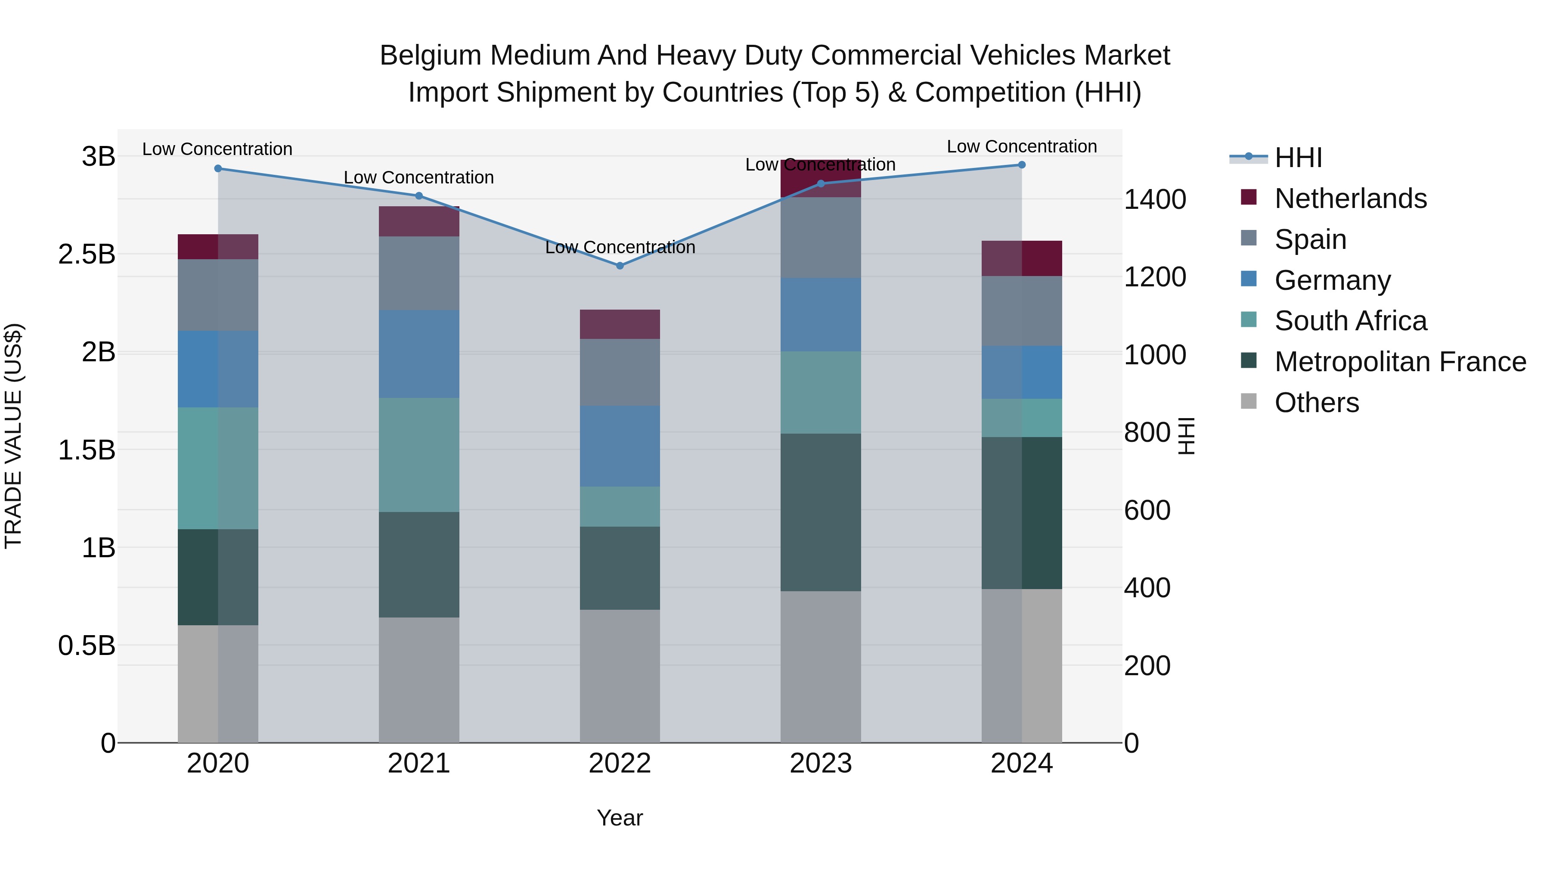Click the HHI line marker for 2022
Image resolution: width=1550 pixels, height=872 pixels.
620,265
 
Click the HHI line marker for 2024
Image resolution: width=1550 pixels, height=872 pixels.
1022,165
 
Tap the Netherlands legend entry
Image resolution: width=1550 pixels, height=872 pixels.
1350,199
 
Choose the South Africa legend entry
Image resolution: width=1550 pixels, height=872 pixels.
1350,321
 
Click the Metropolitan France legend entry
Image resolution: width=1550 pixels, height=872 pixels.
1400,362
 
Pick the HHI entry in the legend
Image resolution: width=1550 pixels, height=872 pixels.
1298,158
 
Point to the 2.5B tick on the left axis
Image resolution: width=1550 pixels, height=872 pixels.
87,254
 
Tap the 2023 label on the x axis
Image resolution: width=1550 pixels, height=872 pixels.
821,763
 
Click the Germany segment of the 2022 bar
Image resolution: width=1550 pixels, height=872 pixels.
620,446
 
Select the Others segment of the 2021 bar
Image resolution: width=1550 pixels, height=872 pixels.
419,680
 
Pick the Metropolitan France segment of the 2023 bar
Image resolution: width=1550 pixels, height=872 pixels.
821,512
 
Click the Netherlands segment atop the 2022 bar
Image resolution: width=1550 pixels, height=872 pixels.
620,324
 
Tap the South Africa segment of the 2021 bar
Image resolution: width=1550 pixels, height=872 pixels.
419,455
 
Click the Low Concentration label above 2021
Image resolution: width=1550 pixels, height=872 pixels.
419,177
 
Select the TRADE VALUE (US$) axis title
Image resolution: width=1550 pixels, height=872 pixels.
13,436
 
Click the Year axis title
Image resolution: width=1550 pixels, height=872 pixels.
620,818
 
